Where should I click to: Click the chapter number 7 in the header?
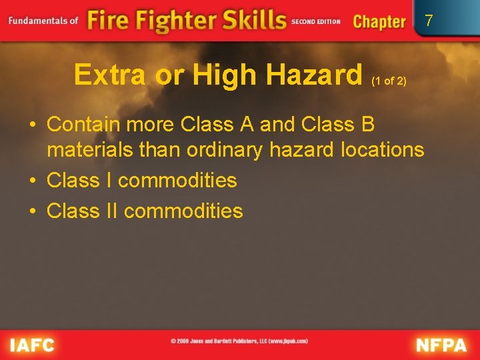(429, 21)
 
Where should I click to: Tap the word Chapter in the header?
(379, 21)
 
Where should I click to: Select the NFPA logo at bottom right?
(442, 345)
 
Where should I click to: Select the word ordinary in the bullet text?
(225, 149)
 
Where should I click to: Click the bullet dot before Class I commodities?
(32, 181)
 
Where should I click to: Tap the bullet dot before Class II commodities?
(32, 211)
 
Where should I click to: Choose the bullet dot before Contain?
(32, 125)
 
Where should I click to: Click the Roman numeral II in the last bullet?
(111, 211)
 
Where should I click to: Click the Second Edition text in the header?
(316, 21)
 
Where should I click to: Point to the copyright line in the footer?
(239, 341)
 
